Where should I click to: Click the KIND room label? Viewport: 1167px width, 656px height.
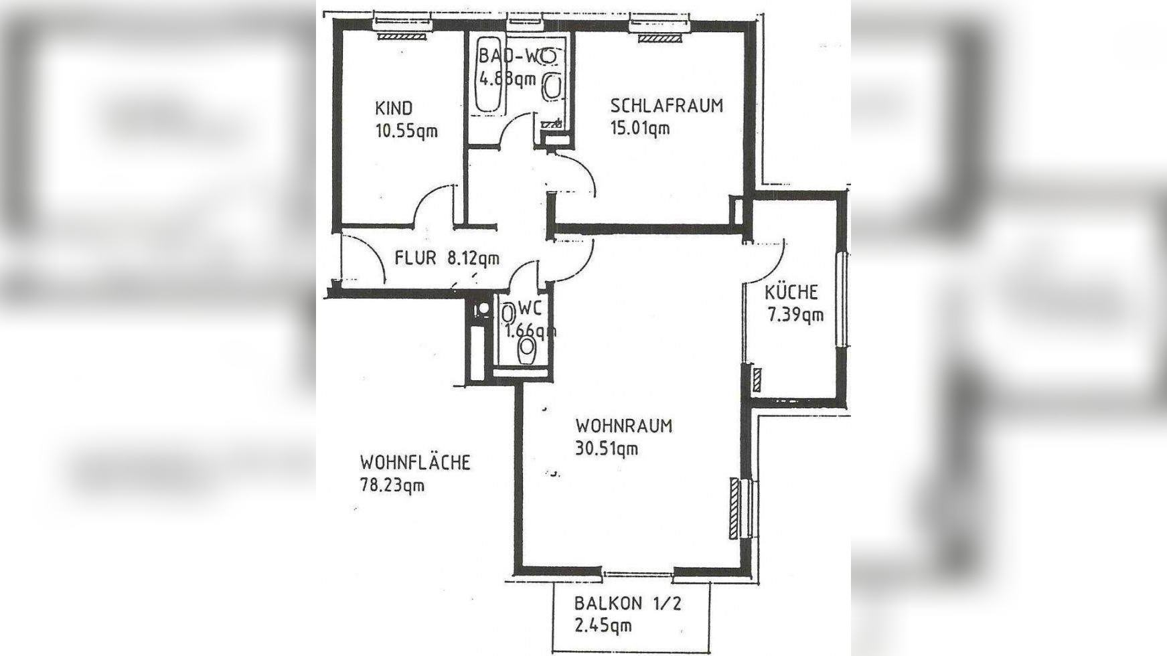[394, 108]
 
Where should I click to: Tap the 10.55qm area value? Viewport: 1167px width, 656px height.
[406, 131]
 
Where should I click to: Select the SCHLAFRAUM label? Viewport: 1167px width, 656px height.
[667, 106]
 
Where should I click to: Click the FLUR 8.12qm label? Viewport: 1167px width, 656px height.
[447, 258]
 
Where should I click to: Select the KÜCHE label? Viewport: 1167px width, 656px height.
[791, 292]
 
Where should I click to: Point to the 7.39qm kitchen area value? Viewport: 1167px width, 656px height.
[795, 315]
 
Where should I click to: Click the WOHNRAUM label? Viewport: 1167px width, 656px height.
[624, 426]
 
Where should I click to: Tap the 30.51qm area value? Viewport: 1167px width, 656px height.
[607, 449]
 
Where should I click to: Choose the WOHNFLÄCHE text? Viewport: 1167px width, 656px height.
[415, 463]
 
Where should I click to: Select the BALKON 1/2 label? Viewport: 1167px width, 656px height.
[627, 603]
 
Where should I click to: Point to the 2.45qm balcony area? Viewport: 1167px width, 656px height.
[603, 627]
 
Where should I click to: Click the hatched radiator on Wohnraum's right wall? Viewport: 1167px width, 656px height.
[734, 508]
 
